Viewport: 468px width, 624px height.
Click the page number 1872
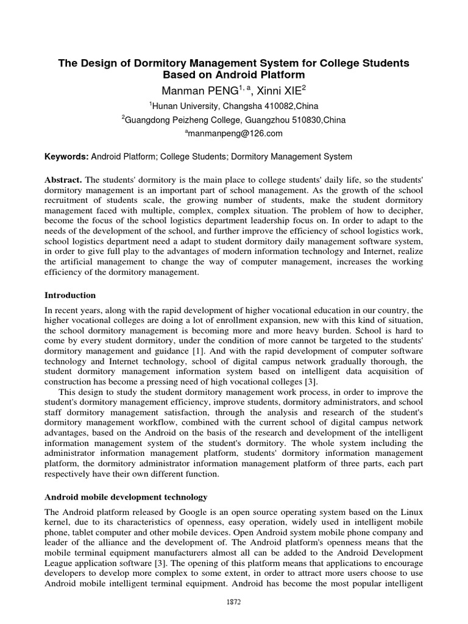(x=233, y=601)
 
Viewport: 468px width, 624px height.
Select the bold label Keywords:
(x=66, y=157)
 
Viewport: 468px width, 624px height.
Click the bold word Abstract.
(x=63, y=180)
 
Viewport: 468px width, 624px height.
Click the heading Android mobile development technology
(x=126, y=497)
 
